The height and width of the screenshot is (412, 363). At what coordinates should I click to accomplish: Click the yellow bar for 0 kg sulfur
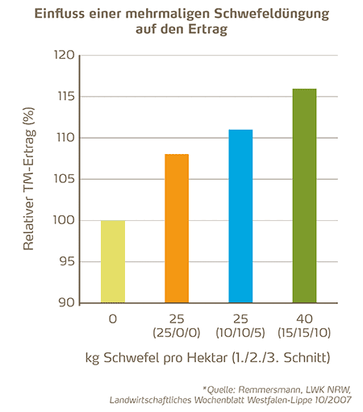coord(113,261)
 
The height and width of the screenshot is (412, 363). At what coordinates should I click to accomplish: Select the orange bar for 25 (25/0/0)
coord(177,228)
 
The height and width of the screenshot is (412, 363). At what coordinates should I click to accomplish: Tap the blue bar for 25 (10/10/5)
coord(240,216)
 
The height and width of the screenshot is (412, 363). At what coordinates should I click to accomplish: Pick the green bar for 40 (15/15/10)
coord(304,196)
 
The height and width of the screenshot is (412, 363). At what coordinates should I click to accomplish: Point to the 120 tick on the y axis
coord(65,55)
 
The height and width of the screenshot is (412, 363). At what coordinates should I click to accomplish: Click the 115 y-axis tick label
coord(66,96)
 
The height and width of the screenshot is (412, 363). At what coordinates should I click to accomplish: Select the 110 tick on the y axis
coord(65,138)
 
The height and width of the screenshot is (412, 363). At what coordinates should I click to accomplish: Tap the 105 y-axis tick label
coord(65,179)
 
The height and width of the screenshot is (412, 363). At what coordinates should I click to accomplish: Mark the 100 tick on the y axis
coord(64,220)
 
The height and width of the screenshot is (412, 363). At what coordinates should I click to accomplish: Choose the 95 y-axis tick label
coord(67,261)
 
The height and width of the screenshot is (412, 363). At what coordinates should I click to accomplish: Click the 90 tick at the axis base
coord(67,302)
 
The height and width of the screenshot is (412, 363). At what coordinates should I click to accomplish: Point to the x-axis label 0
coord(113,319)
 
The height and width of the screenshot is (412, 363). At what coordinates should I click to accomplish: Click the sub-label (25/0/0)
coord(177,333)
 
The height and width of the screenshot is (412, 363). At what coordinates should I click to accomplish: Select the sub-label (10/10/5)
coord(240,333)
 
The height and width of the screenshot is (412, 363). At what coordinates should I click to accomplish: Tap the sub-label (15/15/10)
coord(304,333)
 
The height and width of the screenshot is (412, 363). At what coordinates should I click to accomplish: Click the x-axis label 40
coord(304,319)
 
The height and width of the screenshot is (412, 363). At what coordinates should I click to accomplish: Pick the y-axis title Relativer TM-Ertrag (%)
coord(29,179)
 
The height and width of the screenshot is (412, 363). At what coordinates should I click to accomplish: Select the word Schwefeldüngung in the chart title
coord(272,14)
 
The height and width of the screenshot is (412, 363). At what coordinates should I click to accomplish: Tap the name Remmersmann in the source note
coord(269,389)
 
